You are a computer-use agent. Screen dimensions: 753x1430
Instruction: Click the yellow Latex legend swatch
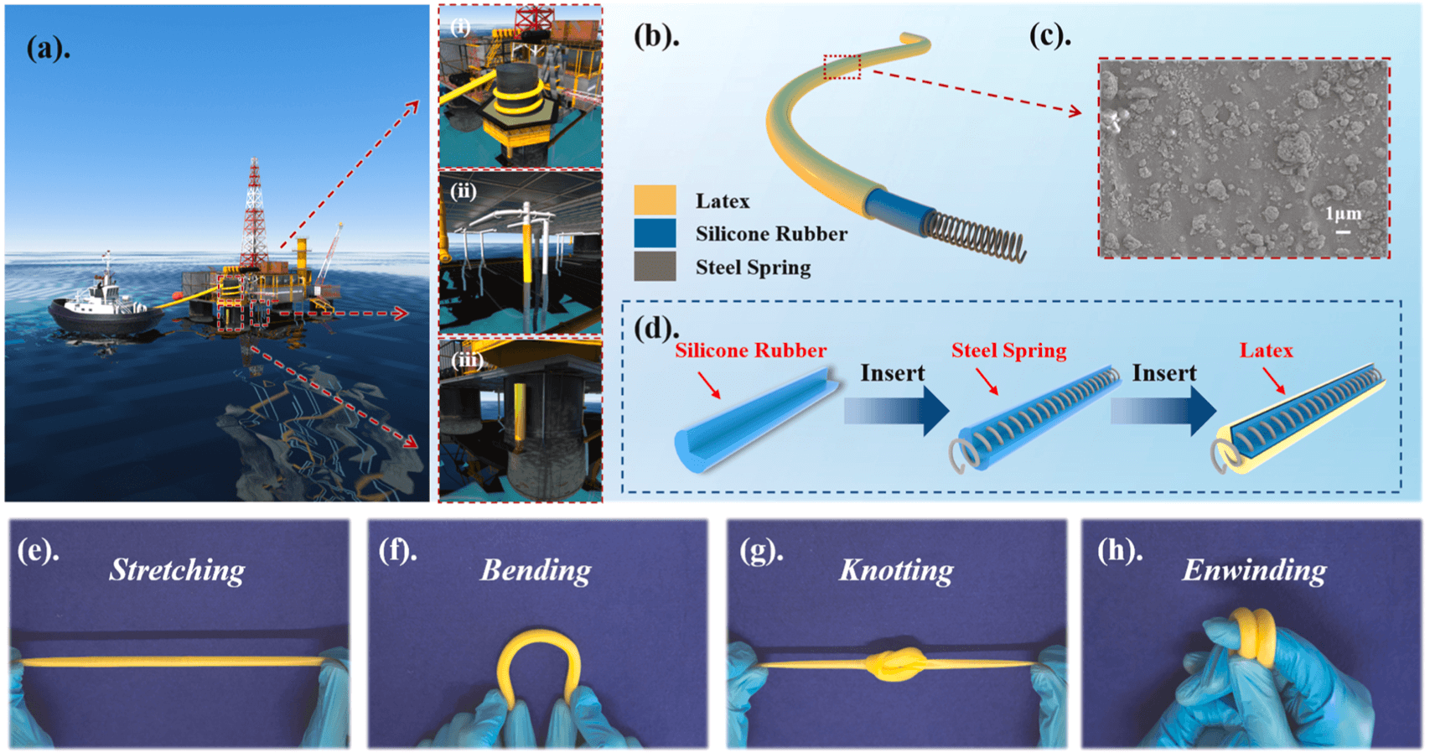coord(655,200)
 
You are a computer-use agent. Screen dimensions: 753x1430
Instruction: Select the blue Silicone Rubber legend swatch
coord(655,234)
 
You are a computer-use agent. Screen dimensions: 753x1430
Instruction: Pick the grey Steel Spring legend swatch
coord(655,267)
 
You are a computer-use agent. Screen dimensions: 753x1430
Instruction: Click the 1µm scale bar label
coord(1343,215)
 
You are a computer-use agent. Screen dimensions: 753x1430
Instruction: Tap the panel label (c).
coord(1050,36)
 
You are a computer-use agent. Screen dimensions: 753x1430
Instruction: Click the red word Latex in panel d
coord(1266,351)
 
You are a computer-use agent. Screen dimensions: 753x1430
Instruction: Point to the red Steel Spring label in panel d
coord(1008,351)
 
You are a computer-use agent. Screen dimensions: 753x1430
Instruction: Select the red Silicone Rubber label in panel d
coord(750,351)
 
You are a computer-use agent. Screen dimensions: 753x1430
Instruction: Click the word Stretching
coord(177,570)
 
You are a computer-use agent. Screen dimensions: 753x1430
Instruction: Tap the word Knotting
coord(896,570)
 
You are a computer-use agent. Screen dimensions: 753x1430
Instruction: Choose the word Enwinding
coord(1254,570)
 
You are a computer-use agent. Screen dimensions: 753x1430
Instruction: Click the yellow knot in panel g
coord(895,665)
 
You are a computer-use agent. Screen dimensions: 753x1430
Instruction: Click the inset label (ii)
coord(463,191)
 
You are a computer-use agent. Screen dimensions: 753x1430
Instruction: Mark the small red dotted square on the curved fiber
coord(842,67)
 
